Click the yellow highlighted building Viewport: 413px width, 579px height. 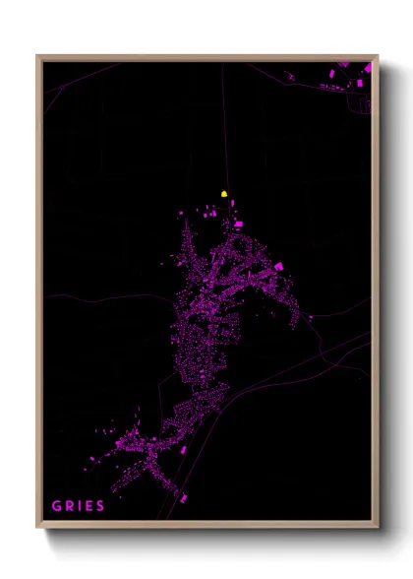tap(224, 194)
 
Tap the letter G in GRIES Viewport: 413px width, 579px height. tap(56, 505)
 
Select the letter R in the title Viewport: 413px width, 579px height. tap(70, 505)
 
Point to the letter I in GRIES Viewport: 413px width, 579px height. tap(80, 505)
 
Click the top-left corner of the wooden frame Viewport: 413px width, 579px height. tap(37, 56)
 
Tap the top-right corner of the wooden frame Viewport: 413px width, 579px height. tap(377, 56)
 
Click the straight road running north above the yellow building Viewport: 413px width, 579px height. tap(222, 128)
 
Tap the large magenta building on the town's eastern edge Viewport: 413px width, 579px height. tap(278, 266)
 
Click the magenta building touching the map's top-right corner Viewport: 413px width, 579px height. tap(368, 67)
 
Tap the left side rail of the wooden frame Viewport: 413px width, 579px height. tap(38, 295)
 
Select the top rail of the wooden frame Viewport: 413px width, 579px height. tap(206, 57)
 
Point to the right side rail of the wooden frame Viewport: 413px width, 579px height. tap(376, 295)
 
